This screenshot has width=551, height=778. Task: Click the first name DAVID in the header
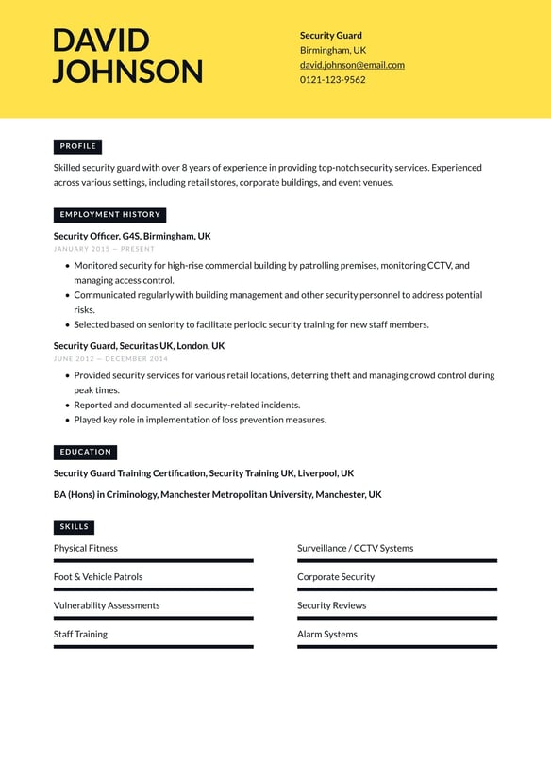tap(101, 41)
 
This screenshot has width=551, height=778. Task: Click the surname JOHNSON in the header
tap(127, 72)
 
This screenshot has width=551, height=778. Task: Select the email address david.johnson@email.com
tap(352, 65)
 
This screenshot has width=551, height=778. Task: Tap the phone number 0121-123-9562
tap(332, 80)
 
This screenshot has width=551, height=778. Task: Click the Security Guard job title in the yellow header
tap(330, 36)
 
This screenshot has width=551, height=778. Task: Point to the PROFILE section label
tap(77, 146)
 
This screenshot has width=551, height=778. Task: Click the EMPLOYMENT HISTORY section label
tap(109, 214)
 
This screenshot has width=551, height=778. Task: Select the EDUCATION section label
tap(85, 452)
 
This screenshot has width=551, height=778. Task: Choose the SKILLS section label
tap(74, 527)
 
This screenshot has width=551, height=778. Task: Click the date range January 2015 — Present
tap(104, 249)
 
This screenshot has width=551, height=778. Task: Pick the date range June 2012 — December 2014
tap(110, 358)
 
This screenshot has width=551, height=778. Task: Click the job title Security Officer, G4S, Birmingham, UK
tap(132, 236)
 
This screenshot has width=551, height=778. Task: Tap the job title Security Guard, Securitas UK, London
tap(139, 346)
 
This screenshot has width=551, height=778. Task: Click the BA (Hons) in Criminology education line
tap(217, 494)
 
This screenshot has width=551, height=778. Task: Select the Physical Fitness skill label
tap(86, 548)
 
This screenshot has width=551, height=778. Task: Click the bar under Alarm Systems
tap(396, 647)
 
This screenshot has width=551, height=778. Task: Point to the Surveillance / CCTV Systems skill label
tap(355, 548)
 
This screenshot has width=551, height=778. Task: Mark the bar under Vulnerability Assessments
tap(153, 618)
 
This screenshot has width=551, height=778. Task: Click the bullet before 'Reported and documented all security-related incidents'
tap(67, 406)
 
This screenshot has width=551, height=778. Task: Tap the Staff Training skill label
tap(80, 634)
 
